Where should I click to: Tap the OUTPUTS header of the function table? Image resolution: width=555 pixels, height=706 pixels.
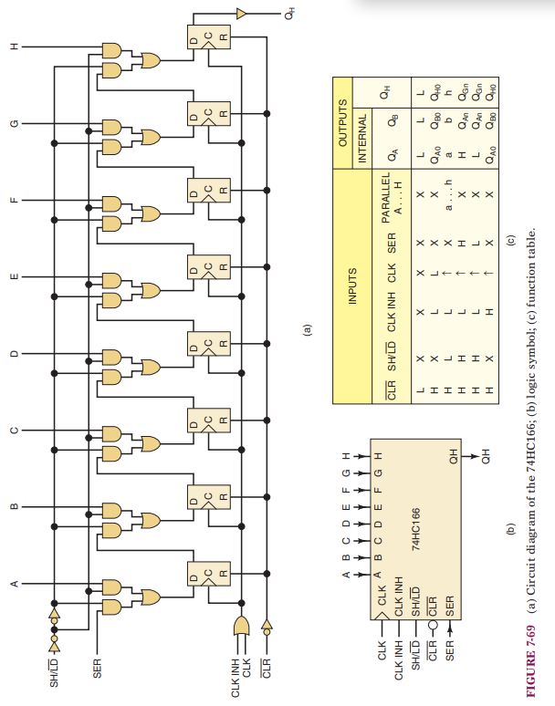click(344, 124)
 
